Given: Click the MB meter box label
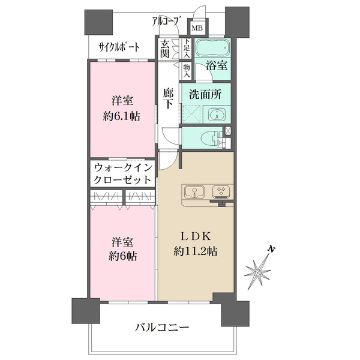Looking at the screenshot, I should pos(196,27).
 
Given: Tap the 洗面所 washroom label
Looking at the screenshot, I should pos(205,94).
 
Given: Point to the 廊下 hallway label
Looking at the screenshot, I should pos(169,98).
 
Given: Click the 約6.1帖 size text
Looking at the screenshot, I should pos(123,116).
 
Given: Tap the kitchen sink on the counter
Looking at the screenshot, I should pos(194,192).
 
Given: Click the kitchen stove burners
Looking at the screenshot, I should pos(221,191).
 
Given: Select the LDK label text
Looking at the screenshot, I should pos(194,236).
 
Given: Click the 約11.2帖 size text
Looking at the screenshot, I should pos(194,252).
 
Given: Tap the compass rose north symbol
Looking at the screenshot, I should pos(259,272).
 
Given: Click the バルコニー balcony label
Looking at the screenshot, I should pos(162,328).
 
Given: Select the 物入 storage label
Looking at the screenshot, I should pos(187,71).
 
